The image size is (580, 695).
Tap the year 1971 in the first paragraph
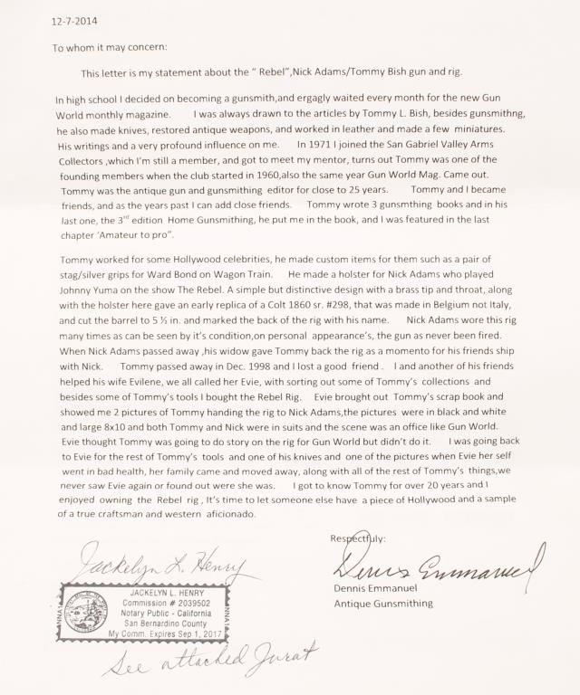(x=325, y=145)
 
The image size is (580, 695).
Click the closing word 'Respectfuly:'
(x=359, y=538)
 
